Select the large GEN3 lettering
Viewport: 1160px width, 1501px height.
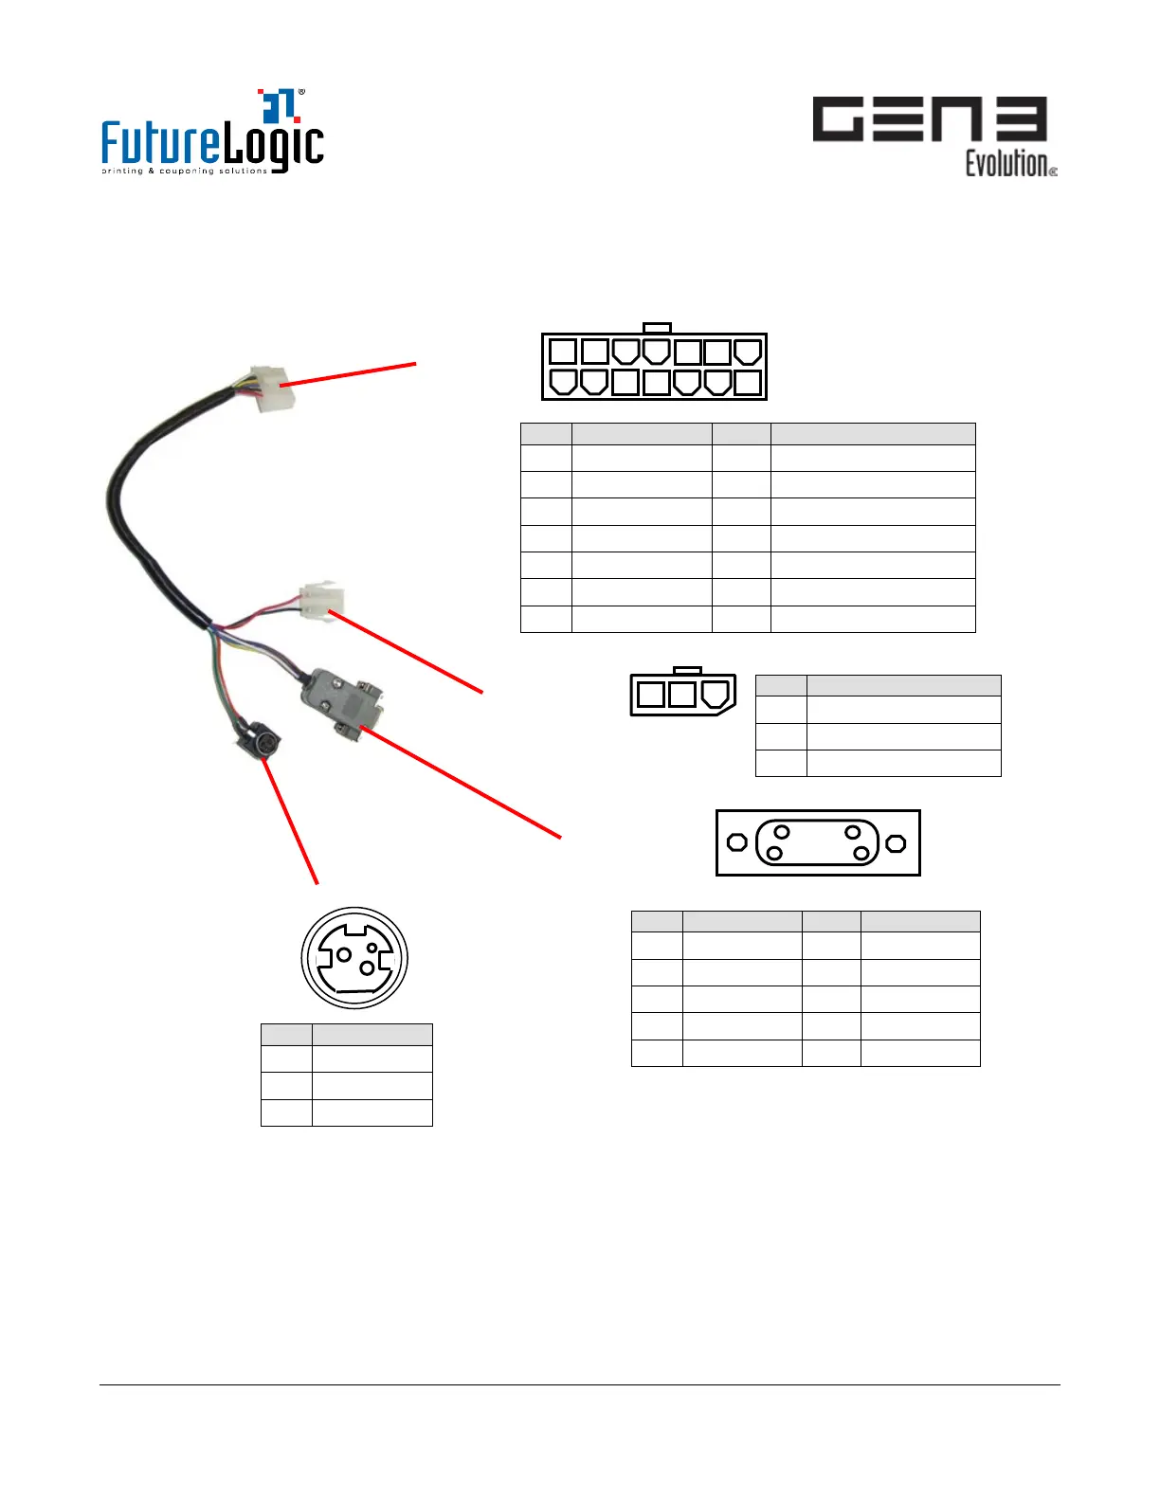click(x=929, y=119)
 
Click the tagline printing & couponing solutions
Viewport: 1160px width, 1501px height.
click(x=185, y=172)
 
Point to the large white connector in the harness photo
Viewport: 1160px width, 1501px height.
click(x=273, y=388)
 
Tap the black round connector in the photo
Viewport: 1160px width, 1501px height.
click(x=257, y=742)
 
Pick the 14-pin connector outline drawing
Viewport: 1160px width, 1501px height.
click(x=654, y=366)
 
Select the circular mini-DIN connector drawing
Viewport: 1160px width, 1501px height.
click(x=354, y=958)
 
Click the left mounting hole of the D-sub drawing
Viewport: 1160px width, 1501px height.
click(x=736, y=842)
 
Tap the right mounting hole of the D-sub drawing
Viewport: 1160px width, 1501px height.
click(x=896, y=842)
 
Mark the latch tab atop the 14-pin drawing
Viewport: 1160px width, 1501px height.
click(x=657, y=328)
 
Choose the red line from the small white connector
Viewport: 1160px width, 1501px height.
click(x=408, y=653)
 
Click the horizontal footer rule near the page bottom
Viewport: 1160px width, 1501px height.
click(x=580, y=1384)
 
